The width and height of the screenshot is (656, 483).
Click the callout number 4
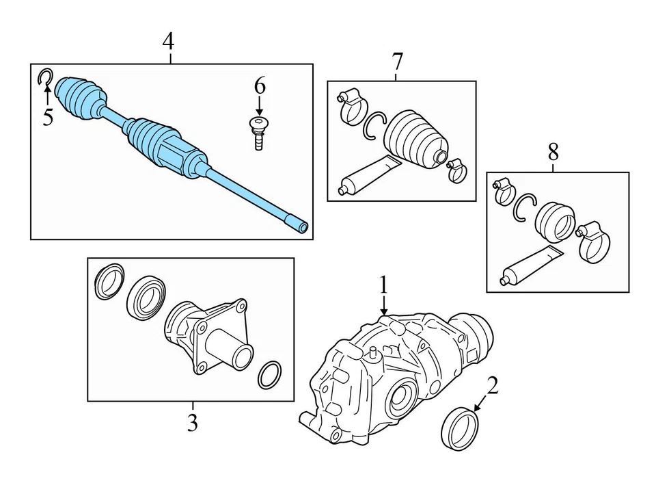pos(168,42)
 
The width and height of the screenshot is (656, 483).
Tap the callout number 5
pos(47,117)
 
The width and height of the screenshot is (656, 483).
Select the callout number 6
pos(259,86)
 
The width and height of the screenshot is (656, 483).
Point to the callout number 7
pos(398,61)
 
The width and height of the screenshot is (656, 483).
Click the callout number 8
pos(553,151)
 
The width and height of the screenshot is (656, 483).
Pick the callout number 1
pos(384,284)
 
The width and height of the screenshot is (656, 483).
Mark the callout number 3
pos(192,423)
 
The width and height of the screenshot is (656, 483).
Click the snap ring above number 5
pos(44,78)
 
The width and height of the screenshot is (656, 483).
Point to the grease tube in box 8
pos(529,265)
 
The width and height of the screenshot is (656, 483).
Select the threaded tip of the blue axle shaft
pos(299,224)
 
